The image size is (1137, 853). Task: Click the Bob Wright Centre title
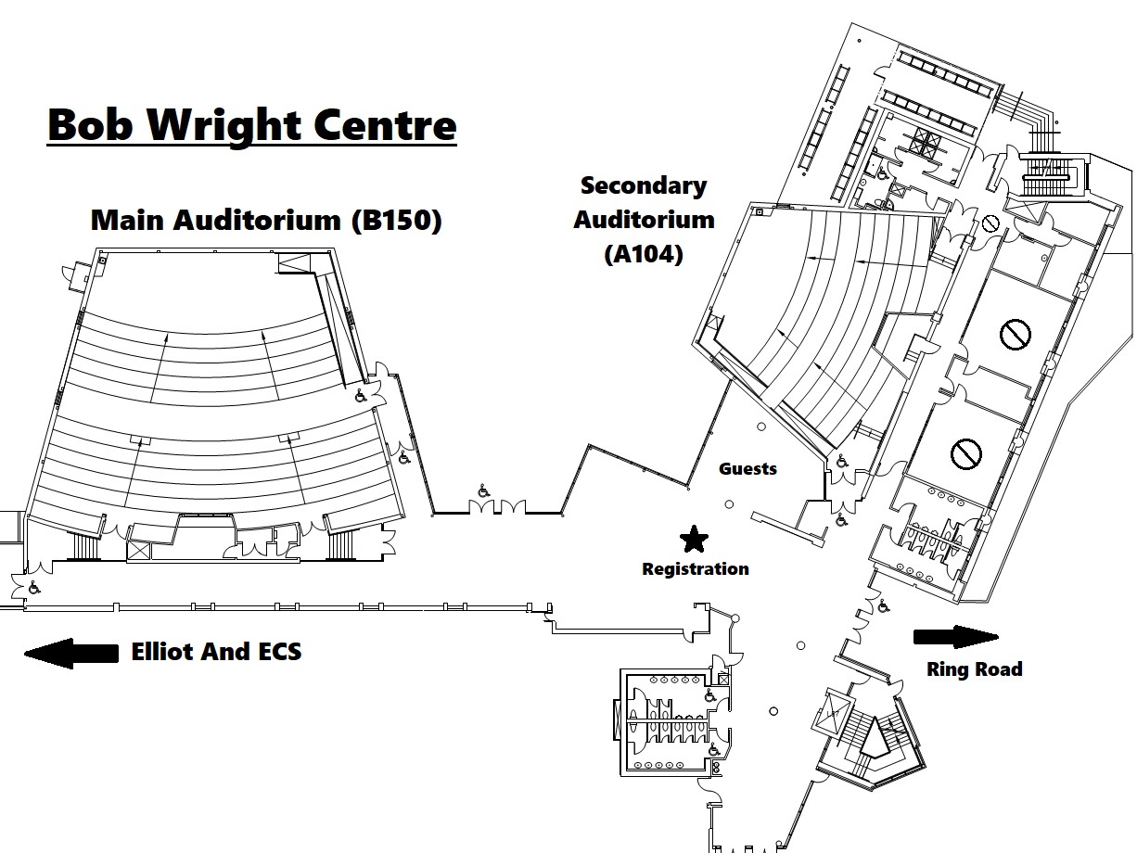[x=251, y=125]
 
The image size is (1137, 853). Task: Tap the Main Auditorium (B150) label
[x=266, y=221]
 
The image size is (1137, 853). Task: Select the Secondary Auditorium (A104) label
[x=644, y=220]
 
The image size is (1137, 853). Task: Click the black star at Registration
[x=693, y=538]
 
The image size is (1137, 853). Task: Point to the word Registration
[x=695, y=568]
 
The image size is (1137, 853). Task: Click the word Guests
[x=747, y=468]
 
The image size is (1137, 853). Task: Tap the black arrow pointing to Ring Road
[x=955, y=637]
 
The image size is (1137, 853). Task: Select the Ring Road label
[x=974, y=668]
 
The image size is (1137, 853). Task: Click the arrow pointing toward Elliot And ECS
[x=70, y=653]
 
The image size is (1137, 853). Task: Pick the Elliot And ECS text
[x=216, y=652]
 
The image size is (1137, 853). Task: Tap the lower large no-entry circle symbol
[x=965, y=453]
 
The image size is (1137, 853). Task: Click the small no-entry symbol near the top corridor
[x=990, y=223]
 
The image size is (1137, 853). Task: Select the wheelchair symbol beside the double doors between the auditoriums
[x=483, y=491]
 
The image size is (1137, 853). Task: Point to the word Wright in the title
[x=248, y=125]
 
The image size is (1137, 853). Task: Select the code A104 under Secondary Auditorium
[x=644, y=253]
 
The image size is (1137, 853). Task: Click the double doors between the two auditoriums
[x=497, y=507]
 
